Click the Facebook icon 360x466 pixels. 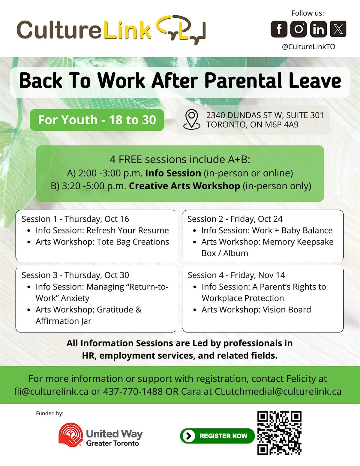pyautogui.click(x=279, y=29)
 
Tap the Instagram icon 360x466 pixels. pyautogui.click(x=298, y=29)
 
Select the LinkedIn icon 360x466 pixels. pyautogui.click(x=318, y=29)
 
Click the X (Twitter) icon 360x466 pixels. pyautogui.click(x=338, y=29)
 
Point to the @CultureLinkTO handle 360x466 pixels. pyautogui.click(x=308, y=47)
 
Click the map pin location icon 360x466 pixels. pyautogui.click(x=192, y=119)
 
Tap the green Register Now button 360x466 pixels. pyautogui.click(x=217, y=436)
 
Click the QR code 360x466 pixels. pyautogui.click(x=279, y=433)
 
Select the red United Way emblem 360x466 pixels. pyautogui.click(x=71, y=434)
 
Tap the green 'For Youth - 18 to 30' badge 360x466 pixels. pyautogui.click(x=97, y=120)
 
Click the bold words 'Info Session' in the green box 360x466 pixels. pyautogui.click(x=173, y=173)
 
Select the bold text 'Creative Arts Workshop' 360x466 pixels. pyautogui.click(x=184, y=186)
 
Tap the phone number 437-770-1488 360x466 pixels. pyautogui.click(x=133, y=391)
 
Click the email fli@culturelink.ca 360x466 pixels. pyautogui.click(x=51, y=391)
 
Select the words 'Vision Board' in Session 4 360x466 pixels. pyautogui.click(x=287, y=310)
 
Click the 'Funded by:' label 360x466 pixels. pyautogui.click(x=49, y=413)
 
